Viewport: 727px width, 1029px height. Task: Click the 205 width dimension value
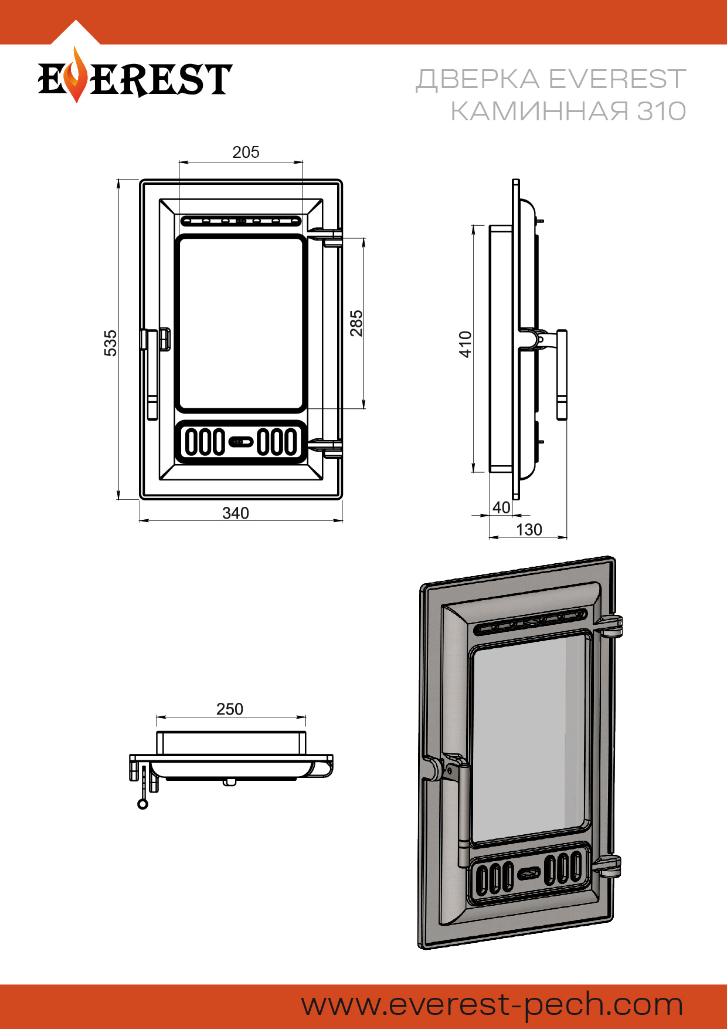(x=246, y=153)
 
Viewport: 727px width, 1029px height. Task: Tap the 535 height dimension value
(x=110, y=343)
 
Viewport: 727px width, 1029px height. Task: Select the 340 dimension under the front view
(x=236, y=513)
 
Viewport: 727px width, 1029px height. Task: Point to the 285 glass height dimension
(x=356, y=323)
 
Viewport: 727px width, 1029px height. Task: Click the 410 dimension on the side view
(x=466, y=344)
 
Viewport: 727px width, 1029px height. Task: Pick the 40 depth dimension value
(x=501, y=507)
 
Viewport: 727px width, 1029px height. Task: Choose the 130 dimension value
(x=529, y=530)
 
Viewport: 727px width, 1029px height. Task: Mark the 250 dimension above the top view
(x=230, y=709)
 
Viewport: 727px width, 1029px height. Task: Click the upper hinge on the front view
(x=329, y=237)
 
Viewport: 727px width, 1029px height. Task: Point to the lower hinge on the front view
(x=329, y=448)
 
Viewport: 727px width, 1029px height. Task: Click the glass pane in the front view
(x=241, y=323)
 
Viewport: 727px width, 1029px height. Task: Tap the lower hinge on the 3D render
(x=607, y=866)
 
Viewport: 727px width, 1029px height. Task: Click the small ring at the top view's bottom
(x=142, y=804)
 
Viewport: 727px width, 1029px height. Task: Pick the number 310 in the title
(x=661, y=111)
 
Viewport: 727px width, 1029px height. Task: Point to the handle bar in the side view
(x=561, y=375)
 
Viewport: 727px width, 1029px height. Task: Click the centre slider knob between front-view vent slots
(x=240, y=441)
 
